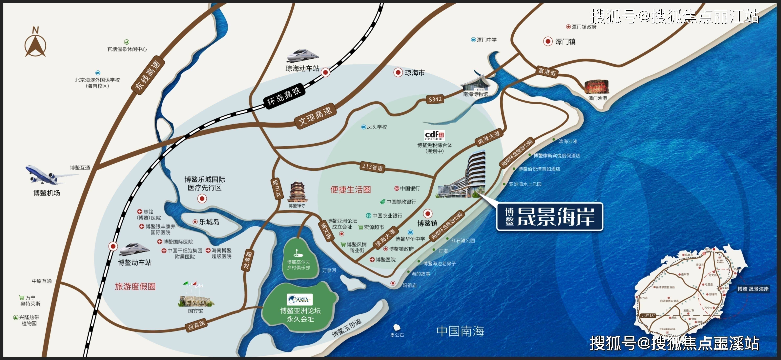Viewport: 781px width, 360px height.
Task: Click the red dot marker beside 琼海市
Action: tap(398, 72)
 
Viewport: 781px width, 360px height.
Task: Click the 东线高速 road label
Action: tap(148, 75)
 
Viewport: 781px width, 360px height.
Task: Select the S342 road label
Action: tap(435, 99)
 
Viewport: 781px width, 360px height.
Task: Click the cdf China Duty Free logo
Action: tap(434, 135)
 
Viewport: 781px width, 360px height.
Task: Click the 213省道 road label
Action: tap(373, 167)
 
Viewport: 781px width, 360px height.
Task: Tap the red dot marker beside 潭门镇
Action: tap(548, 41)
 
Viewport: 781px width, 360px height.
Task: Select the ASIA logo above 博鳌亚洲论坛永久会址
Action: tap(300, 300)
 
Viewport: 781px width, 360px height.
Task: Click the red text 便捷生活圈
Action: tap(351, 190)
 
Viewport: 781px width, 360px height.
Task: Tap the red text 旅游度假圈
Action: tap(135, 286)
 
